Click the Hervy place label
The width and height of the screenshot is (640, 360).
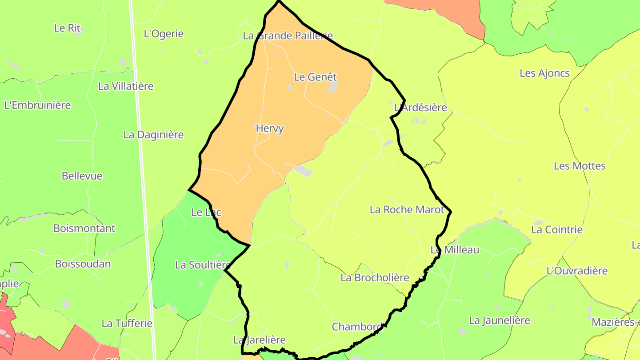(x=269, y=128)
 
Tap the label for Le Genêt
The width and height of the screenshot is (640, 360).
(x=315, y=77)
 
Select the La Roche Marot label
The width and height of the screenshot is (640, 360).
(x=407, y=209)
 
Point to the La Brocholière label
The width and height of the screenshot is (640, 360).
(x=375, y=278)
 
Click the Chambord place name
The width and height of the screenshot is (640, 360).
(x=357, y=327)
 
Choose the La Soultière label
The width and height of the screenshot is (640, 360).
(x=203, y=265)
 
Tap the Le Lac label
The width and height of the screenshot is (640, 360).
(x=206, y=212)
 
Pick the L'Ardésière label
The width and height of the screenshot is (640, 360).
(x=420, y=108)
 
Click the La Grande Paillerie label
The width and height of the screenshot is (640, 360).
(x=288, y=36)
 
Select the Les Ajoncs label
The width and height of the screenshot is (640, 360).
(x=544, y=73)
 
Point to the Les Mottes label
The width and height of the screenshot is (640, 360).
(x=580, y=166)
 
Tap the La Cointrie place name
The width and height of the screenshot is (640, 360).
(x=557, y=230)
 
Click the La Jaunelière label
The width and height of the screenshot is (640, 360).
(x=500, y=320)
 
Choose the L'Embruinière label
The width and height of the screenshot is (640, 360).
(x=38, y=105)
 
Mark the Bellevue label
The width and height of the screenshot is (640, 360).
(x=82, y=176)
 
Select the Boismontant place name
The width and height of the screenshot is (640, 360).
(x=84, y=228)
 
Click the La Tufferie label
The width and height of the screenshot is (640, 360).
(x=127, y=323)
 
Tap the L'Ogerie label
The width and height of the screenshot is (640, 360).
(x=164, y=34)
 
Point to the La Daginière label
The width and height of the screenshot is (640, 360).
(x=153, y=135)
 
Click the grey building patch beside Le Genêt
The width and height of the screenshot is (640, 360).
(x=332, y=88)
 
